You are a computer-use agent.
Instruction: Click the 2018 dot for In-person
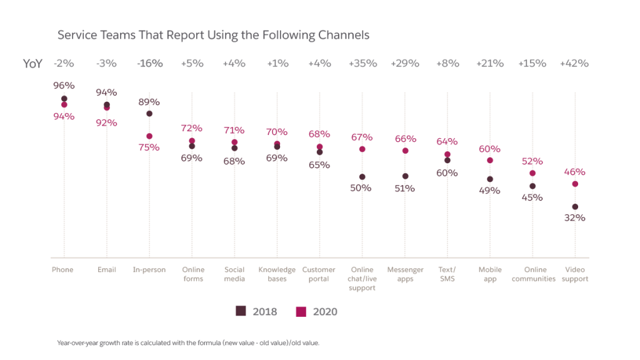[149, 114]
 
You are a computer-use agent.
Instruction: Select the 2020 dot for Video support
[575, 184]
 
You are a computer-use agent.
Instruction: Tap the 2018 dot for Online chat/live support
[362, 177]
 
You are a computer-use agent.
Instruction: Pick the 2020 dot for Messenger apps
[405, 151]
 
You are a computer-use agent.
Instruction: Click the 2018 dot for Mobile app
[490, 179]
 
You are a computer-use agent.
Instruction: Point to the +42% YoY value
[574, 63]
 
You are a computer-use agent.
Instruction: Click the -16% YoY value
[149, 63]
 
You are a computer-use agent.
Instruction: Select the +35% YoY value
[362, 63]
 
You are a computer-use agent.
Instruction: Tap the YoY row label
[33, 64]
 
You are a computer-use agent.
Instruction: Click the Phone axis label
[62, 270]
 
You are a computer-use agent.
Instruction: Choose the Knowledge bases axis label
[277, 274]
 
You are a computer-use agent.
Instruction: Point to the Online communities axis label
[533, 274]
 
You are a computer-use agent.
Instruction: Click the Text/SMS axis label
[447, 274]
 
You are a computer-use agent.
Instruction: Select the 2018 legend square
[241, 311]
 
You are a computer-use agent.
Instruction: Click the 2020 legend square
[301, 311]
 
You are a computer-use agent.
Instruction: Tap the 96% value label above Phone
[64, 86]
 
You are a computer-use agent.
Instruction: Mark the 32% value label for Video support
[575, 218]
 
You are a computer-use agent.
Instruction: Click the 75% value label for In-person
[149, 147]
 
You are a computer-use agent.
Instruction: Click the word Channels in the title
[343, 35]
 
